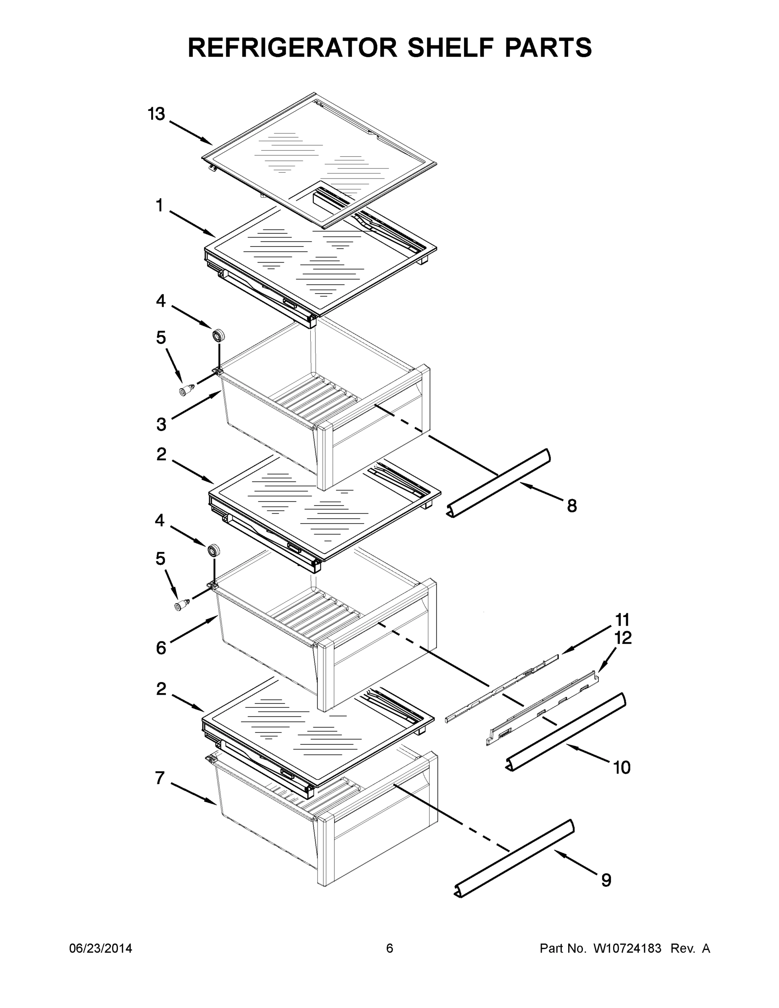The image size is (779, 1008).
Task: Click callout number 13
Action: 157,114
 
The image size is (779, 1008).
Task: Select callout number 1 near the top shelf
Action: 159,206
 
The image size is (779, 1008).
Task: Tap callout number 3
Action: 161,424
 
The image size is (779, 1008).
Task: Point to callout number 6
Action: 160,648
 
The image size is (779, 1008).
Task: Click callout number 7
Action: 160,778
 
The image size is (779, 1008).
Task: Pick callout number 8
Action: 572,506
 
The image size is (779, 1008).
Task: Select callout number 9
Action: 606,880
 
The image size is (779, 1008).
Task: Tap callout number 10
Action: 622,767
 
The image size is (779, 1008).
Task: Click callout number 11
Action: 622,620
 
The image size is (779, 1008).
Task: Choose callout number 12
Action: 623,638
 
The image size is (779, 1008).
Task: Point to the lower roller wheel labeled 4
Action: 213,551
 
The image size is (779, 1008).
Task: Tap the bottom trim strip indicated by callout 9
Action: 514,858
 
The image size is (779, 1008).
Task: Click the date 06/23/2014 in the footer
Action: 101,948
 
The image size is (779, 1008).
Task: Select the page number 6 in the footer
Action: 390,948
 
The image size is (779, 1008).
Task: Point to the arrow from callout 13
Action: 191,132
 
